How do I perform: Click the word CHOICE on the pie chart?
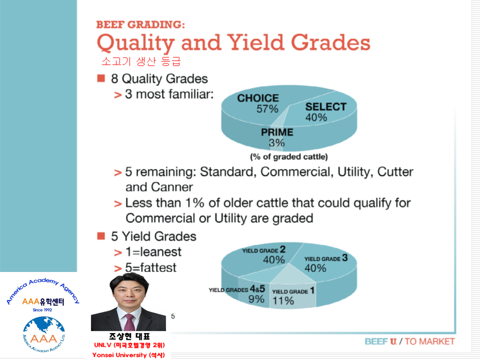click(x=258, y=98)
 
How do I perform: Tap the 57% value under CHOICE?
click(x=267, y=108)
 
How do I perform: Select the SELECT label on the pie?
click(x=325, y=106)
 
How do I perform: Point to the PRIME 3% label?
click(x=277, y=137)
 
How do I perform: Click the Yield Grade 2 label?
click(x=264, y=250)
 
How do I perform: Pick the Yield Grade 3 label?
click(x=326, y=258)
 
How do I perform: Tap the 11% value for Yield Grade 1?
click(x=283, y=300)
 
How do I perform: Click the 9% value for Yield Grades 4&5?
click(x=256, y=299)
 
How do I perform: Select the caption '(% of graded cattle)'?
click(x=289, y=156)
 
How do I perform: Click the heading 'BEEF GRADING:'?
click(x=140, y=24)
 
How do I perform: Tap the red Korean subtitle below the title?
click(x=141, y=61)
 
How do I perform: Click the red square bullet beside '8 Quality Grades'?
click(x=101, y=78)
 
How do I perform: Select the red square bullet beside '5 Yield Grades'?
click(x=101, y=236)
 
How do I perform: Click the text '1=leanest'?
click(x=153, y=252)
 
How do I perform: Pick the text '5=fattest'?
click(x=151, y=267)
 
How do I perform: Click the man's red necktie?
click(x=129, y=322)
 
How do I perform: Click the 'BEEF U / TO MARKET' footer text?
click(x=409, y=341)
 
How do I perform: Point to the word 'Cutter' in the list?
click(x=395, y=171)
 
